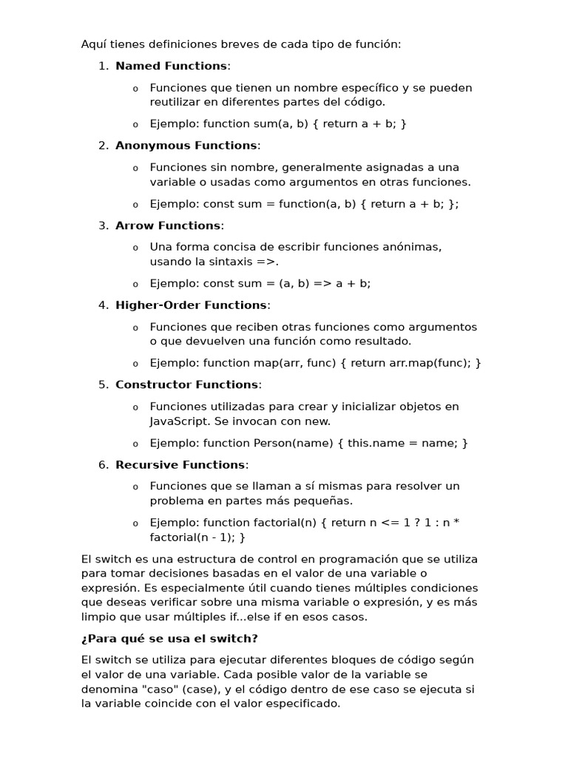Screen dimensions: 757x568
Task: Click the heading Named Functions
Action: point(171,66)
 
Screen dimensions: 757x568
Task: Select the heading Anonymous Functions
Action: point(186,146)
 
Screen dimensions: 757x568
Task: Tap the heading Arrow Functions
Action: point(167,225)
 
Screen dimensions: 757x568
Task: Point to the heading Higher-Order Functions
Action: point(191,305)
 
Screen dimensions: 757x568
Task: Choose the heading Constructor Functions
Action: point(186,384)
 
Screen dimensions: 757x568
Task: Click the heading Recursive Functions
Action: point(180,465)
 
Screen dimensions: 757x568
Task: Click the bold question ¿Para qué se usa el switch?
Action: point(169,639)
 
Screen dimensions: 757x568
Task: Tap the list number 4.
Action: point(102,305)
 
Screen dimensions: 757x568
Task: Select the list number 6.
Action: point(102,465)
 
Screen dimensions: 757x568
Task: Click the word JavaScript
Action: point(178,421)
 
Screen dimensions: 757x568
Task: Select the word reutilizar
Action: point(178,102)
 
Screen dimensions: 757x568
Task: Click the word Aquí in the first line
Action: point(94,44)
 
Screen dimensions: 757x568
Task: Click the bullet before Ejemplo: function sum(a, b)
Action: point(135,124)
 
